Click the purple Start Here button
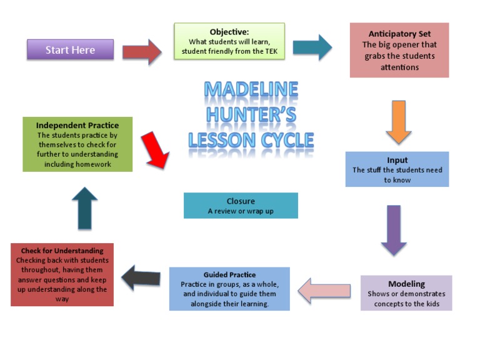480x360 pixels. tap(70, 50)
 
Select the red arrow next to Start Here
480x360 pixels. tap(142, 51)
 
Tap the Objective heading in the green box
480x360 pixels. tap(229, 32)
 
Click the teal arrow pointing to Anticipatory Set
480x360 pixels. tap(312, 47)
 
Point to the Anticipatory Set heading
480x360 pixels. tap(399, 34)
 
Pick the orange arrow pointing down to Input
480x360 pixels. tap(398, 122)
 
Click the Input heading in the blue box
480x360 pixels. tap(397, 160)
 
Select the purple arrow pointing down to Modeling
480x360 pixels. tap(394, 229)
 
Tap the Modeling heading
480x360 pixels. tap(406, 284)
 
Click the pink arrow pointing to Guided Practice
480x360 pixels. tap(324, 290)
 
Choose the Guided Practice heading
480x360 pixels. tap(229, 275)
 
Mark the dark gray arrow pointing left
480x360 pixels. tap(141, 277)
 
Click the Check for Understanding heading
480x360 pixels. tap(62, 251)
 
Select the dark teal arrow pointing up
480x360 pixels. tap(84, 208)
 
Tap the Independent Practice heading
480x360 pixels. tap(77, 125)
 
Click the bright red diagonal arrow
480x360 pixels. tap(155, 149)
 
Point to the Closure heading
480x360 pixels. tap(241, 201)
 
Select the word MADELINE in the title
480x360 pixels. tap(251, 90)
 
